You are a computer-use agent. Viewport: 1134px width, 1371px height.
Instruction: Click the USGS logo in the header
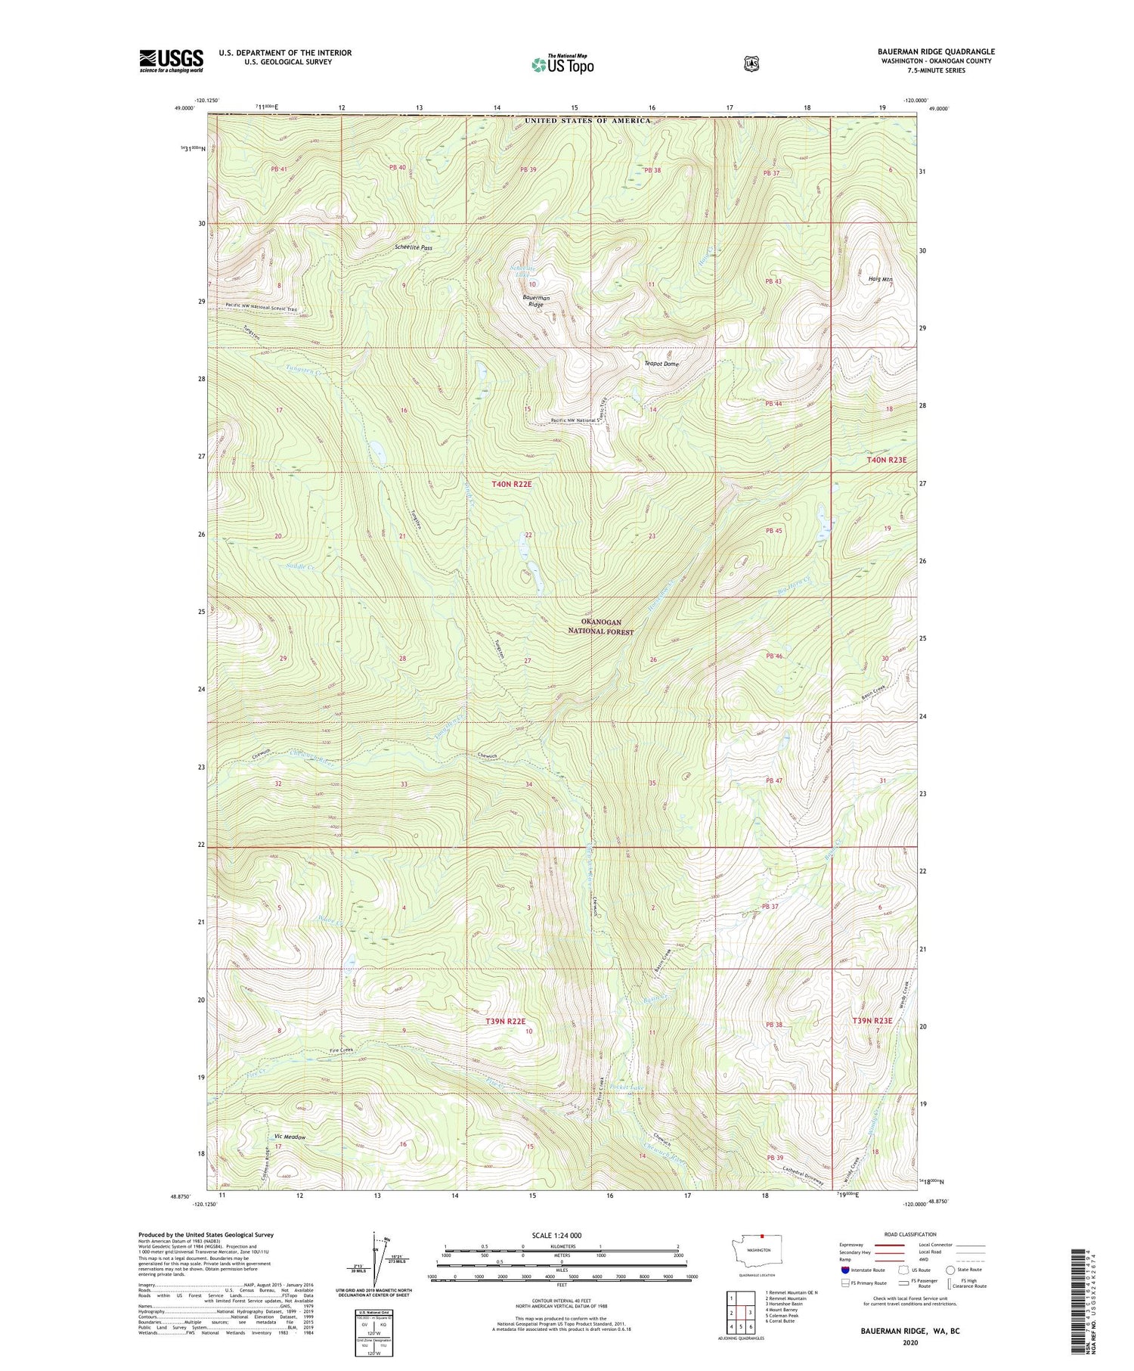tap(171, 60)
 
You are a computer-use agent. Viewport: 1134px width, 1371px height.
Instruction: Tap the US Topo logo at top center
tap(562, 64)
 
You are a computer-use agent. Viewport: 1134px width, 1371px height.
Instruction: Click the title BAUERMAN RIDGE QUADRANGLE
tap(936, 51)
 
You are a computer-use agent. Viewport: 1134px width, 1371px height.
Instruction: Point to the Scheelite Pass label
tap(414, 247)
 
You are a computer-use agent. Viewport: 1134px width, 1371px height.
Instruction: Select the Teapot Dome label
tap(661, 364)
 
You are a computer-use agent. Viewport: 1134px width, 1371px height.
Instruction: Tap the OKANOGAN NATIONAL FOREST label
tap(602, 627)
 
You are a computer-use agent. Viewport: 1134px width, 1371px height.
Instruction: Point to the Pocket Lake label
tap(626, 1087)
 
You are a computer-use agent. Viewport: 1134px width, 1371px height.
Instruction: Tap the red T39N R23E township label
tap(873, 1020)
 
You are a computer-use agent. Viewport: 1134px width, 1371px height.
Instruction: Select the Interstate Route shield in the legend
tap(844, 1270)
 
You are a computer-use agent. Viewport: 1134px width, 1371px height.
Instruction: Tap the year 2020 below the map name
tap(909, 1343)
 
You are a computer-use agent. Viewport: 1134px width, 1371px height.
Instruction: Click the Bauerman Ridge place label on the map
tap(537, 301)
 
